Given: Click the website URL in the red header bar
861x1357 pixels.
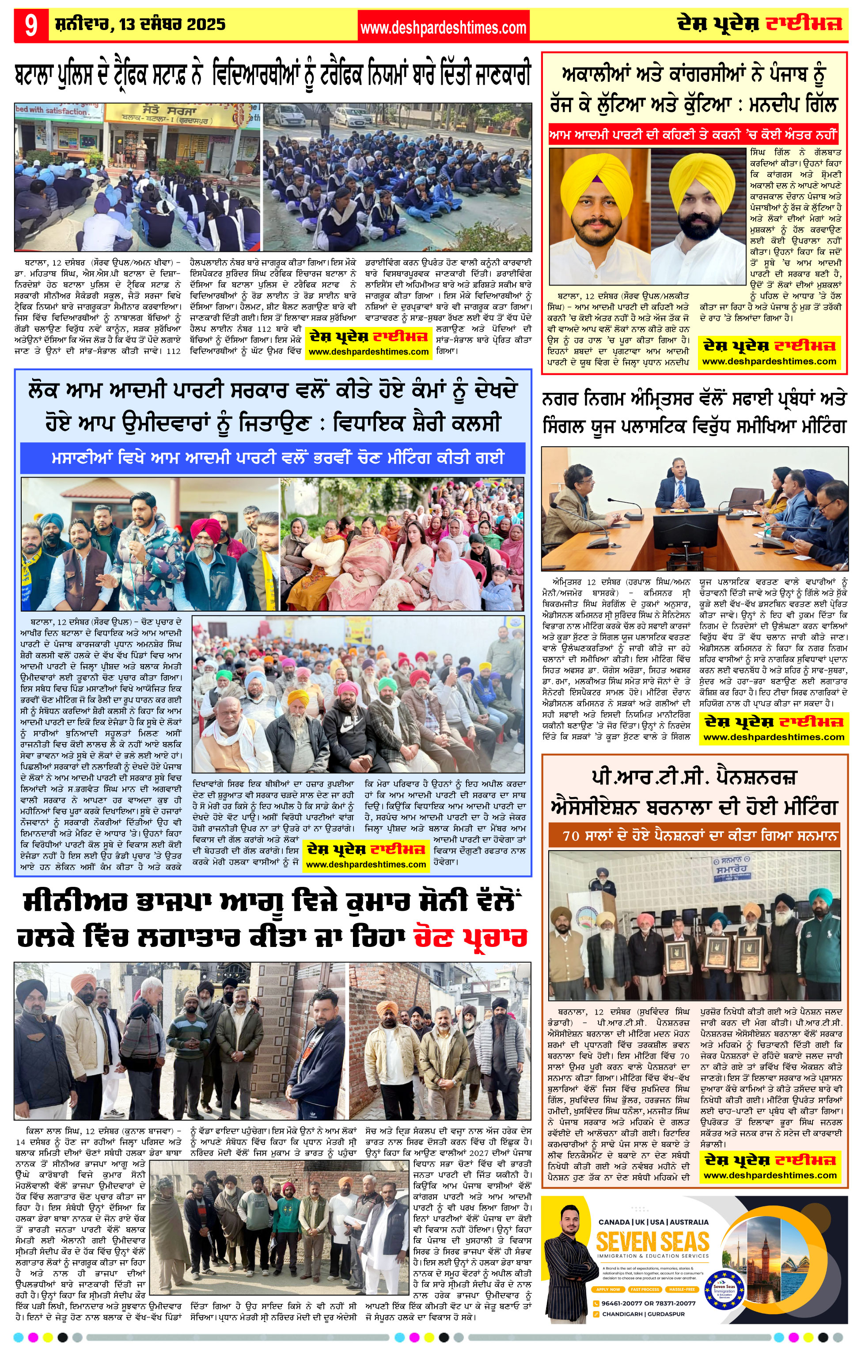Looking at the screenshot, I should tap(443, 27).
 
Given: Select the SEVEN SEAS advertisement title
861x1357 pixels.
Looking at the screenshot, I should tap(652, 1242).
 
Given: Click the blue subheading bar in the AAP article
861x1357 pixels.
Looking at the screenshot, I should tap(273, 458).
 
